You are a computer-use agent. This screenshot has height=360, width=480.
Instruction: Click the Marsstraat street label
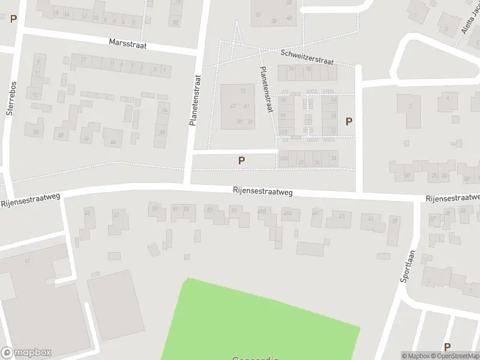pos(128,44)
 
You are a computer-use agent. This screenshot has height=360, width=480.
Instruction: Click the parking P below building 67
pos(241,160)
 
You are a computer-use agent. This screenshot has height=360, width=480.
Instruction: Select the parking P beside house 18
pos(349,121)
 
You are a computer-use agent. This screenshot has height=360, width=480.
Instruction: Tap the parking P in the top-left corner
pos(13,19)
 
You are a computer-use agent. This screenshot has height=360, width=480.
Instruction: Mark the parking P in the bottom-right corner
pos(446,347)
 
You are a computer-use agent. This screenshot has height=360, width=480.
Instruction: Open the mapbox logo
pos(26,353)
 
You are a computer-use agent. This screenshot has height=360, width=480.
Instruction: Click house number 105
pos(284,158)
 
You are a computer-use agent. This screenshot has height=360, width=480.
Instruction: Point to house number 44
pos(113,142)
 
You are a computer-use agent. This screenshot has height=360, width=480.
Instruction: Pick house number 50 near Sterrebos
pos(36,133)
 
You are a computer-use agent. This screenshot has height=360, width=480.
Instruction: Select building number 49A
pos(287,213)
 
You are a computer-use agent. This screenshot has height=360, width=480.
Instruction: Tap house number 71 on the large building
pos(242,91)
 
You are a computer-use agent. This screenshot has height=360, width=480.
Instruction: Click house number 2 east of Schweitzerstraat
pos(410,106)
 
